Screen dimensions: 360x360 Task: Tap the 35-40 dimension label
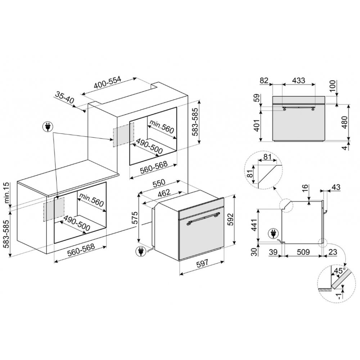pos(64,97)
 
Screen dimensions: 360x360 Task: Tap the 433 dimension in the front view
pos(299,81)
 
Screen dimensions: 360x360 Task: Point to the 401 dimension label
pos(257,125)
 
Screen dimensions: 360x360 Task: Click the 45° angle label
pos(339,271)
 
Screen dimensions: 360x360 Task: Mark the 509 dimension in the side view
pos(303,252)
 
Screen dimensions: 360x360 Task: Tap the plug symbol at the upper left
pos(48,127)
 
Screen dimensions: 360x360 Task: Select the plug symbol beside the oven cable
pos(140,251)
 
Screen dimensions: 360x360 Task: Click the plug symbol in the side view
pos(274,234)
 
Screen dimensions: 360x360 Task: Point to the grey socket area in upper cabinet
pos(123,135)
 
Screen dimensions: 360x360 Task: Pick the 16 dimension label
pos(305,190)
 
